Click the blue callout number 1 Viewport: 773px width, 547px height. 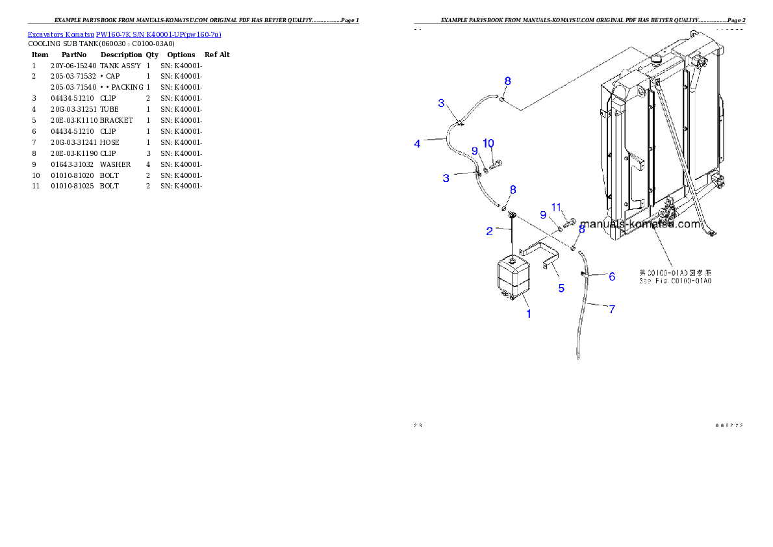tap(529, 314)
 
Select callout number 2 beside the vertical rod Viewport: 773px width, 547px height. tap(490, 230)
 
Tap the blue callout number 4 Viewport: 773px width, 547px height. tap(418, 144)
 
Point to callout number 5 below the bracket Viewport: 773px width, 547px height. tap(562, 288)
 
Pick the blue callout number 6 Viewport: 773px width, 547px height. tap(612, 276)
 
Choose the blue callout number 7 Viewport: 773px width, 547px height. tap(612, 309)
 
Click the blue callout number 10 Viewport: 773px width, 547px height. tap(488, 143)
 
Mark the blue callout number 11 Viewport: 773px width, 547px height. tap(556, 207)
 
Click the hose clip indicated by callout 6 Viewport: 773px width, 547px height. tap(585, 275)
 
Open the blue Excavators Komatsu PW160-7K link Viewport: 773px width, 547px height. tap(124, 34)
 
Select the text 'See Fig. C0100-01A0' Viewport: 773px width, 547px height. tap(675, 281)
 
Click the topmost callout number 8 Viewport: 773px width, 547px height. tap(507, 81)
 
